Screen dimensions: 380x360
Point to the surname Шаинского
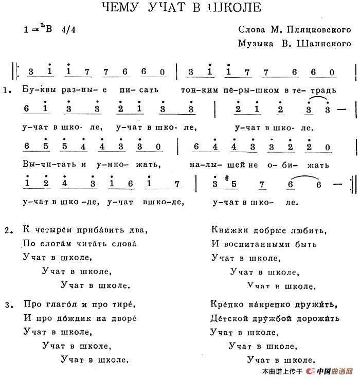pyautogui.click(x=324, y=44)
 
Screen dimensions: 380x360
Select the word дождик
pyautogui.click(x=77, y=319)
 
